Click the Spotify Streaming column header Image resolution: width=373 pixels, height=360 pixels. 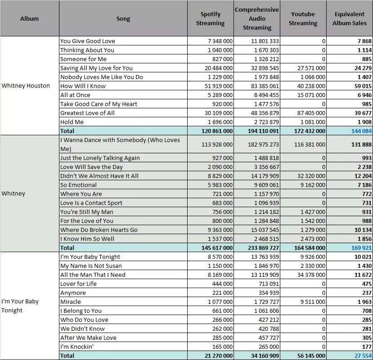(210, 18)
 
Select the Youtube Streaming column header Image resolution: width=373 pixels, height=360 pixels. (303, 18)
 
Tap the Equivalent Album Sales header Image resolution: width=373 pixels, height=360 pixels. (350, 18)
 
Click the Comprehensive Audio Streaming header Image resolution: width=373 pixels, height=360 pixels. (257, 18)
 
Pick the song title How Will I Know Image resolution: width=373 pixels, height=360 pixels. (83, 86)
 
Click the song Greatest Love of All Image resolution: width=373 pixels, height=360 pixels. (87, 113)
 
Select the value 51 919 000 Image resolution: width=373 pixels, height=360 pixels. (219, 86)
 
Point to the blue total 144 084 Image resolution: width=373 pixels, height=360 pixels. (361, 131)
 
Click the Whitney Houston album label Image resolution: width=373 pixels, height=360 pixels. (26, 85)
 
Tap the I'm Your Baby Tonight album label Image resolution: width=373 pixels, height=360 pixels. (20, 306)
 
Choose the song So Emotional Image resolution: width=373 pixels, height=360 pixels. (78, 185)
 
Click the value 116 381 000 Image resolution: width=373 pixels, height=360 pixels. (310, 144)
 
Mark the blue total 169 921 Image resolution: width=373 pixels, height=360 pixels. (361, 248)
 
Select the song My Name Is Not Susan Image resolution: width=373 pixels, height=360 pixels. (91, 266)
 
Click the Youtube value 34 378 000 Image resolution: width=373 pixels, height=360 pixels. (311, 275)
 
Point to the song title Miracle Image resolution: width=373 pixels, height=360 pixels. (70, 302)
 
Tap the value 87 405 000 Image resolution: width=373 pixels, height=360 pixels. (311, 113)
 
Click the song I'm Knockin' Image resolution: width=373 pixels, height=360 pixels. (77, 347)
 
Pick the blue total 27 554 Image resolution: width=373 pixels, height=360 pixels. (363, 356)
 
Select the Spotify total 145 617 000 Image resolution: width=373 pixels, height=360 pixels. (217, 248)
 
